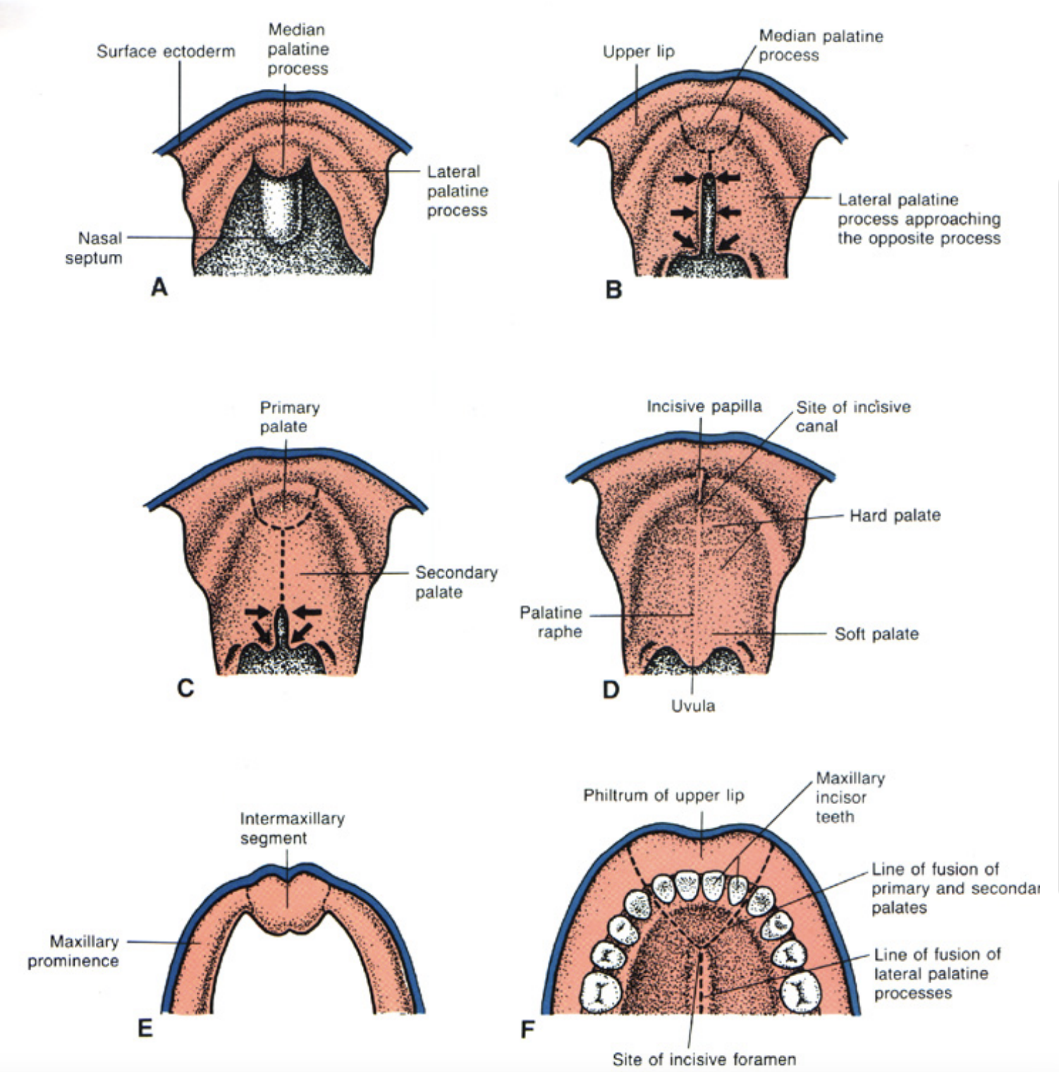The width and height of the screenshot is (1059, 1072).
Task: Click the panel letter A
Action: [159, 288]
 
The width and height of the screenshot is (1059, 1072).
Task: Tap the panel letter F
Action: [527, 1030]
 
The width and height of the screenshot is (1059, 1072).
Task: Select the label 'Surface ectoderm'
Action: [166, 51]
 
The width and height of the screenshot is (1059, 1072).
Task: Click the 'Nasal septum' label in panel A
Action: [94, 248]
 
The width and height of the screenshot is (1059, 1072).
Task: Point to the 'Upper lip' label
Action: [638, 51]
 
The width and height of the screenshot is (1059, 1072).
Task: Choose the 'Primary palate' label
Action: [289, 417]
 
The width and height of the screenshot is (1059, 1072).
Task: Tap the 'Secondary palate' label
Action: [455, 582]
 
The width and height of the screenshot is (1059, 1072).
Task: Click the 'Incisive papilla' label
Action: [704, 406]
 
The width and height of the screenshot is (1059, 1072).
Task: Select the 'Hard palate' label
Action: [894, 516]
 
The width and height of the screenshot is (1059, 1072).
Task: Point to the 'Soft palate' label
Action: [876, 634]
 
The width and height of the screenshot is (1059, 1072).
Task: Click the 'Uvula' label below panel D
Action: [692, 706]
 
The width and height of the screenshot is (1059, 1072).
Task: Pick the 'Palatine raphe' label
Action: [551, 622]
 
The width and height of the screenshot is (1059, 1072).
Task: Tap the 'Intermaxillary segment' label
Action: [292, 828]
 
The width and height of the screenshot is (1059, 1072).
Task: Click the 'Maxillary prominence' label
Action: [73, 951]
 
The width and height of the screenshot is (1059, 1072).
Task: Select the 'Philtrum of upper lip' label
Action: [663, 796]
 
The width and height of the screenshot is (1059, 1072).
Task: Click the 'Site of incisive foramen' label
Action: [704, 1059]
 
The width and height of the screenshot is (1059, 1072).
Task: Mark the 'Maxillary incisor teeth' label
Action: [850, 797]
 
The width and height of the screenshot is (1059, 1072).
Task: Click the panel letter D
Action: [611, 689]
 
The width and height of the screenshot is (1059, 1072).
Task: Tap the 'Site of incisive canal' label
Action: [852, 416]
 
